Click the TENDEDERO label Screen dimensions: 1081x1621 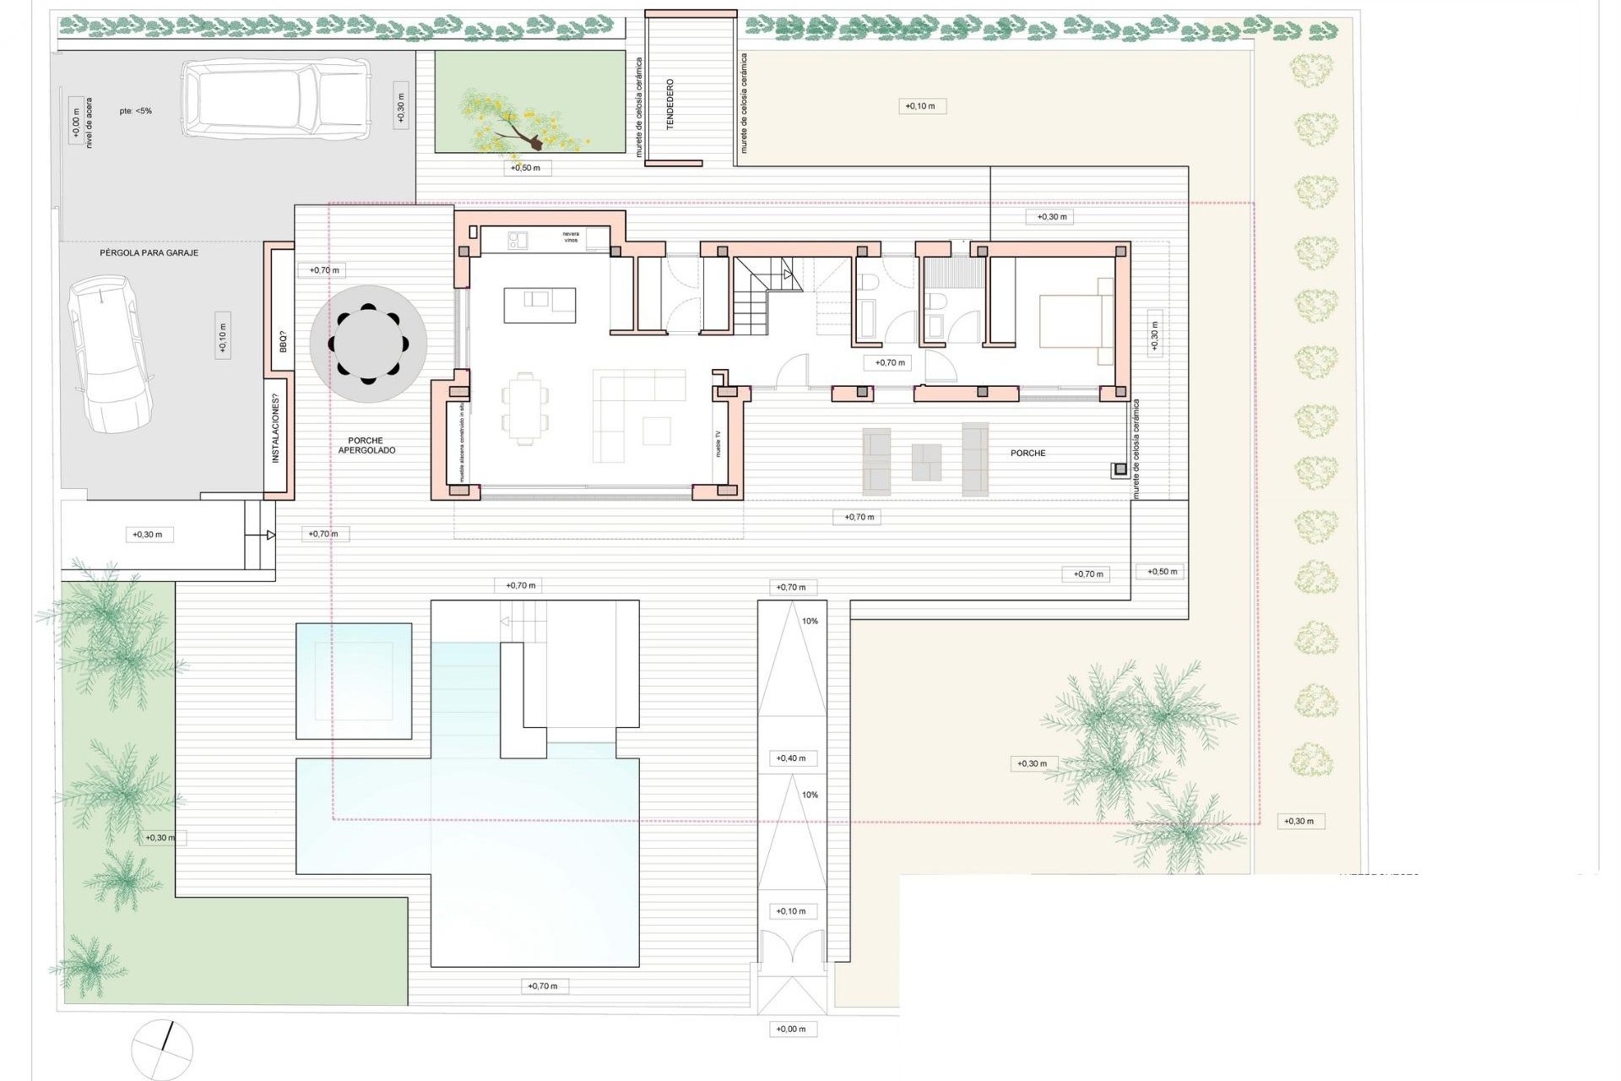671,105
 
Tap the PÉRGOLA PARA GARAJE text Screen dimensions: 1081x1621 149,253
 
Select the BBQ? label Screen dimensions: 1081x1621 283,342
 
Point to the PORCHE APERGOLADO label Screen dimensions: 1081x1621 366,446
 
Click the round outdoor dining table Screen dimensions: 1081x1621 368,344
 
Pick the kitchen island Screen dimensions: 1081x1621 540,305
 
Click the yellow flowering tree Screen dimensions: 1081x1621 507,119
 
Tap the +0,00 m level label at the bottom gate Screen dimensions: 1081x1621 791,1029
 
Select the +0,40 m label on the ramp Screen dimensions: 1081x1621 791,758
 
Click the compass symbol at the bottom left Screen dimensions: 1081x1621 162,1049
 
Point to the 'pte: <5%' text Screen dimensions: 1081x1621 135,111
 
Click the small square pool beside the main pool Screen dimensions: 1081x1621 354,681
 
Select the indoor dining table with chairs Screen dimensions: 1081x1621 524,408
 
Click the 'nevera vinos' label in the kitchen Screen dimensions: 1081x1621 572,237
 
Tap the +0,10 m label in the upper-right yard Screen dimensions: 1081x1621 920,106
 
